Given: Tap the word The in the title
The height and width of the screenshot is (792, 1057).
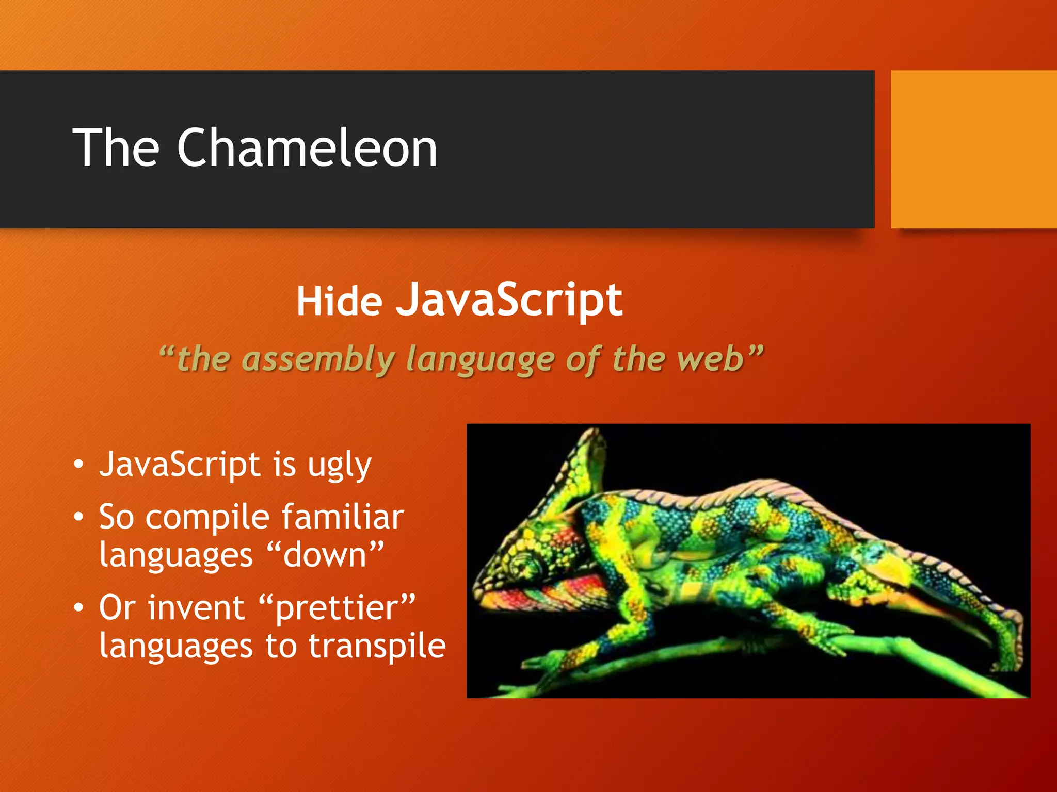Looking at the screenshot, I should point(116,148).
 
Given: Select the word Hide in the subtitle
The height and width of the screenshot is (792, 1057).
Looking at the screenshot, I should point(339,302).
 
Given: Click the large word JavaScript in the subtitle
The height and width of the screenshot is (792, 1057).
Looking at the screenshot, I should point(509,301).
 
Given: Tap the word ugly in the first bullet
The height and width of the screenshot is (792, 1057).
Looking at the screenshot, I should point(339,466).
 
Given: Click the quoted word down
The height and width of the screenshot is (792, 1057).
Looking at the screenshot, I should point(325,555).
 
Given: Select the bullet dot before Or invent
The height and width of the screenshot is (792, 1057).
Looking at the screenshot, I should point(78,608).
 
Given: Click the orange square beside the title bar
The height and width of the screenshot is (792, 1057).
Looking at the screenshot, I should point(973,150).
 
